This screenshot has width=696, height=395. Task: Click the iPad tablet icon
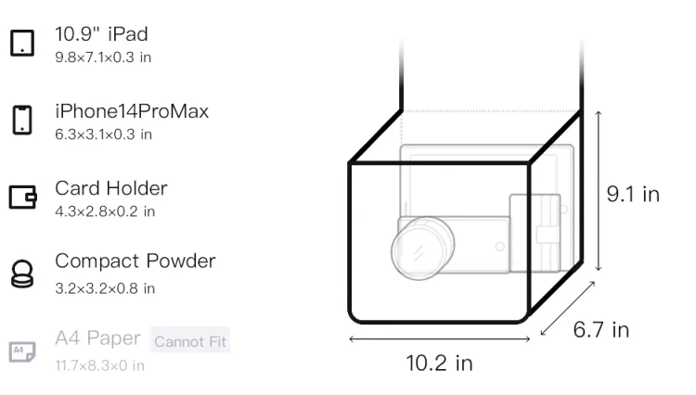click(x=22, y=43)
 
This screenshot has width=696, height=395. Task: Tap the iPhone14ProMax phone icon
click(x=22, y=120)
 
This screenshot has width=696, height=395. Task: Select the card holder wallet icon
click(x=22, y=197)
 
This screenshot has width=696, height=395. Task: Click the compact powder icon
click(x=22, y=274)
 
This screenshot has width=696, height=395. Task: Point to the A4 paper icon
click(x=22, y=351)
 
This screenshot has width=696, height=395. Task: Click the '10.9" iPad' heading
click(x=101, y=34)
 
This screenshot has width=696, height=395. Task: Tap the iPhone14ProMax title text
click(x=132, y=111)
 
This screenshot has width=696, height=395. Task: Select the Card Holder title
click(x=111, y=188)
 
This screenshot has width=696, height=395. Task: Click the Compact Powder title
click(x=135, y=261)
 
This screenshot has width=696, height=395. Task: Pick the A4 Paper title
click(x=97, y=338)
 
